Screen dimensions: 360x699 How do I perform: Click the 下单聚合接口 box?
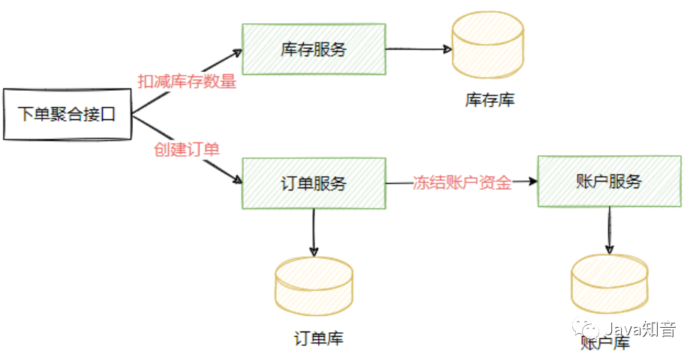pyautogui.click(x=67, y=115)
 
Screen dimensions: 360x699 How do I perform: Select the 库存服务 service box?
pyautogui.click(x=313, y=49)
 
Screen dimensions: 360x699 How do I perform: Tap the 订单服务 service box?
pyautogui.click(x=313, y=183)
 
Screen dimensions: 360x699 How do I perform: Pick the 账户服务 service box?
pyautogui.click(x=609, y=181)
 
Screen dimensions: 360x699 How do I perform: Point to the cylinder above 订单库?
pyautogui.click(x=313, y=284)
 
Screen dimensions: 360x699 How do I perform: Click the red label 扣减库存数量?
pyautogui.click(x=187, y=82)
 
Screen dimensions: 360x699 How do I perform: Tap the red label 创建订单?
pyautogui.click(x=187, y=148)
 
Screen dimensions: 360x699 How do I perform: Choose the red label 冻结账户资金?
pyautogui.click(x=462, y=183)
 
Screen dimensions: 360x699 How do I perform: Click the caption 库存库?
pyautogui.click(x=490, y=100)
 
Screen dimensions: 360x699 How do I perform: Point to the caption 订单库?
pyautogui.click(x=318, y=338)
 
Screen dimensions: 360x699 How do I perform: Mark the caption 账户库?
pyautogui.click(x=605, y=343)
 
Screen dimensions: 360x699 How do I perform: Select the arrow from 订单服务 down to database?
pyautogui.click(x=313, y=232)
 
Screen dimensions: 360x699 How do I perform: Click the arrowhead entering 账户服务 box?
pyautogui.click(x=533, y=181)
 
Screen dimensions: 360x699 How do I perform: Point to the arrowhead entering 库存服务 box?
pyautogui.click(x=238, y=52)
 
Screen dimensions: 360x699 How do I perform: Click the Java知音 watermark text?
pyautogui.click(x=640, y=329)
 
